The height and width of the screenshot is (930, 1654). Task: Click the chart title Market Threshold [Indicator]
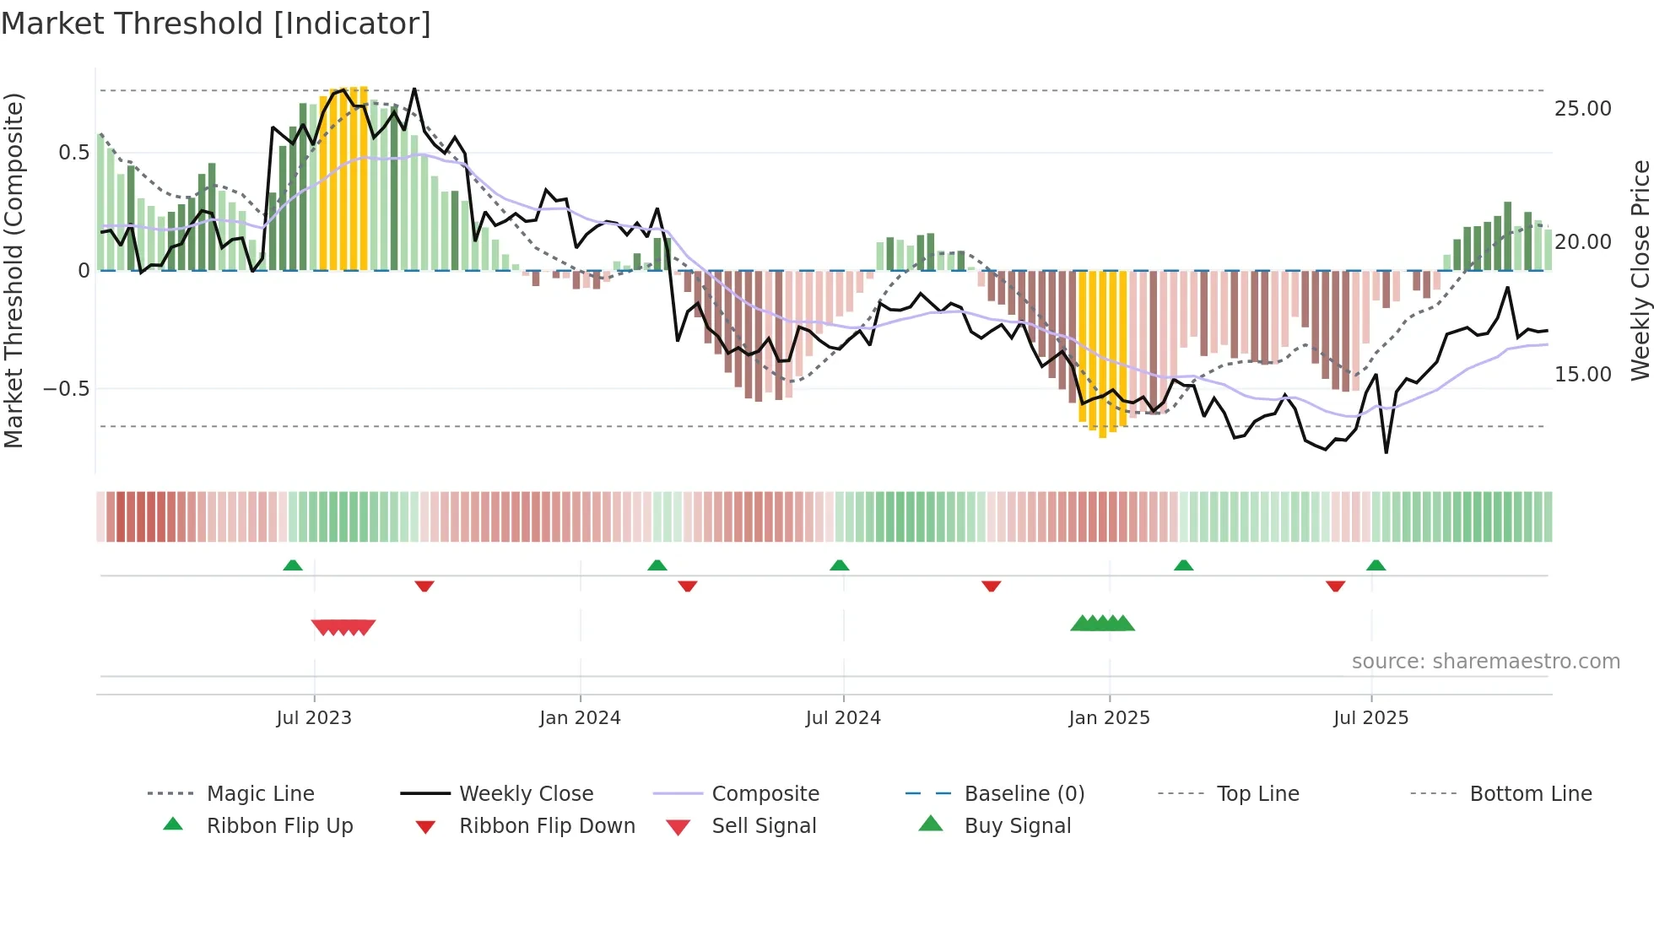(216, 24)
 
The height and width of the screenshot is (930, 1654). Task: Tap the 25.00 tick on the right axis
(1582, 109)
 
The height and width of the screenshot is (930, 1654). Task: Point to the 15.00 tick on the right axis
(1582, 375)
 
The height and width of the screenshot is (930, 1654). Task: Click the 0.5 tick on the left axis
(73, 153)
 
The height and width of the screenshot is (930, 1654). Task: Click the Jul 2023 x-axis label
(314, 718)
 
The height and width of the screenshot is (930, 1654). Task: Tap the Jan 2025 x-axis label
(1109, 718)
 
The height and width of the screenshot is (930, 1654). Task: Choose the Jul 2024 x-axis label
(843, 718)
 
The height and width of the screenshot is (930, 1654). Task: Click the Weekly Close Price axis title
(1640, 270)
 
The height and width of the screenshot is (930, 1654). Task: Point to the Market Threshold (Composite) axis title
(14, 270)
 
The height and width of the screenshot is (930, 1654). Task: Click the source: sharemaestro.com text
(1485, 662)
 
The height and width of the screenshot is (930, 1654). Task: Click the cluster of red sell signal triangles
(343, 627)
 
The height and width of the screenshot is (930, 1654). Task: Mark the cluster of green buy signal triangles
(1102, 624)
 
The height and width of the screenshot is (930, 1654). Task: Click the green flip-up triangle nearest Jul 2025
(1376, 565)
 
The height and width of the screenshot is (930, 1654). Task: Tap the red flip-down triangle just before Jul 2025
(1335, 586)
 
